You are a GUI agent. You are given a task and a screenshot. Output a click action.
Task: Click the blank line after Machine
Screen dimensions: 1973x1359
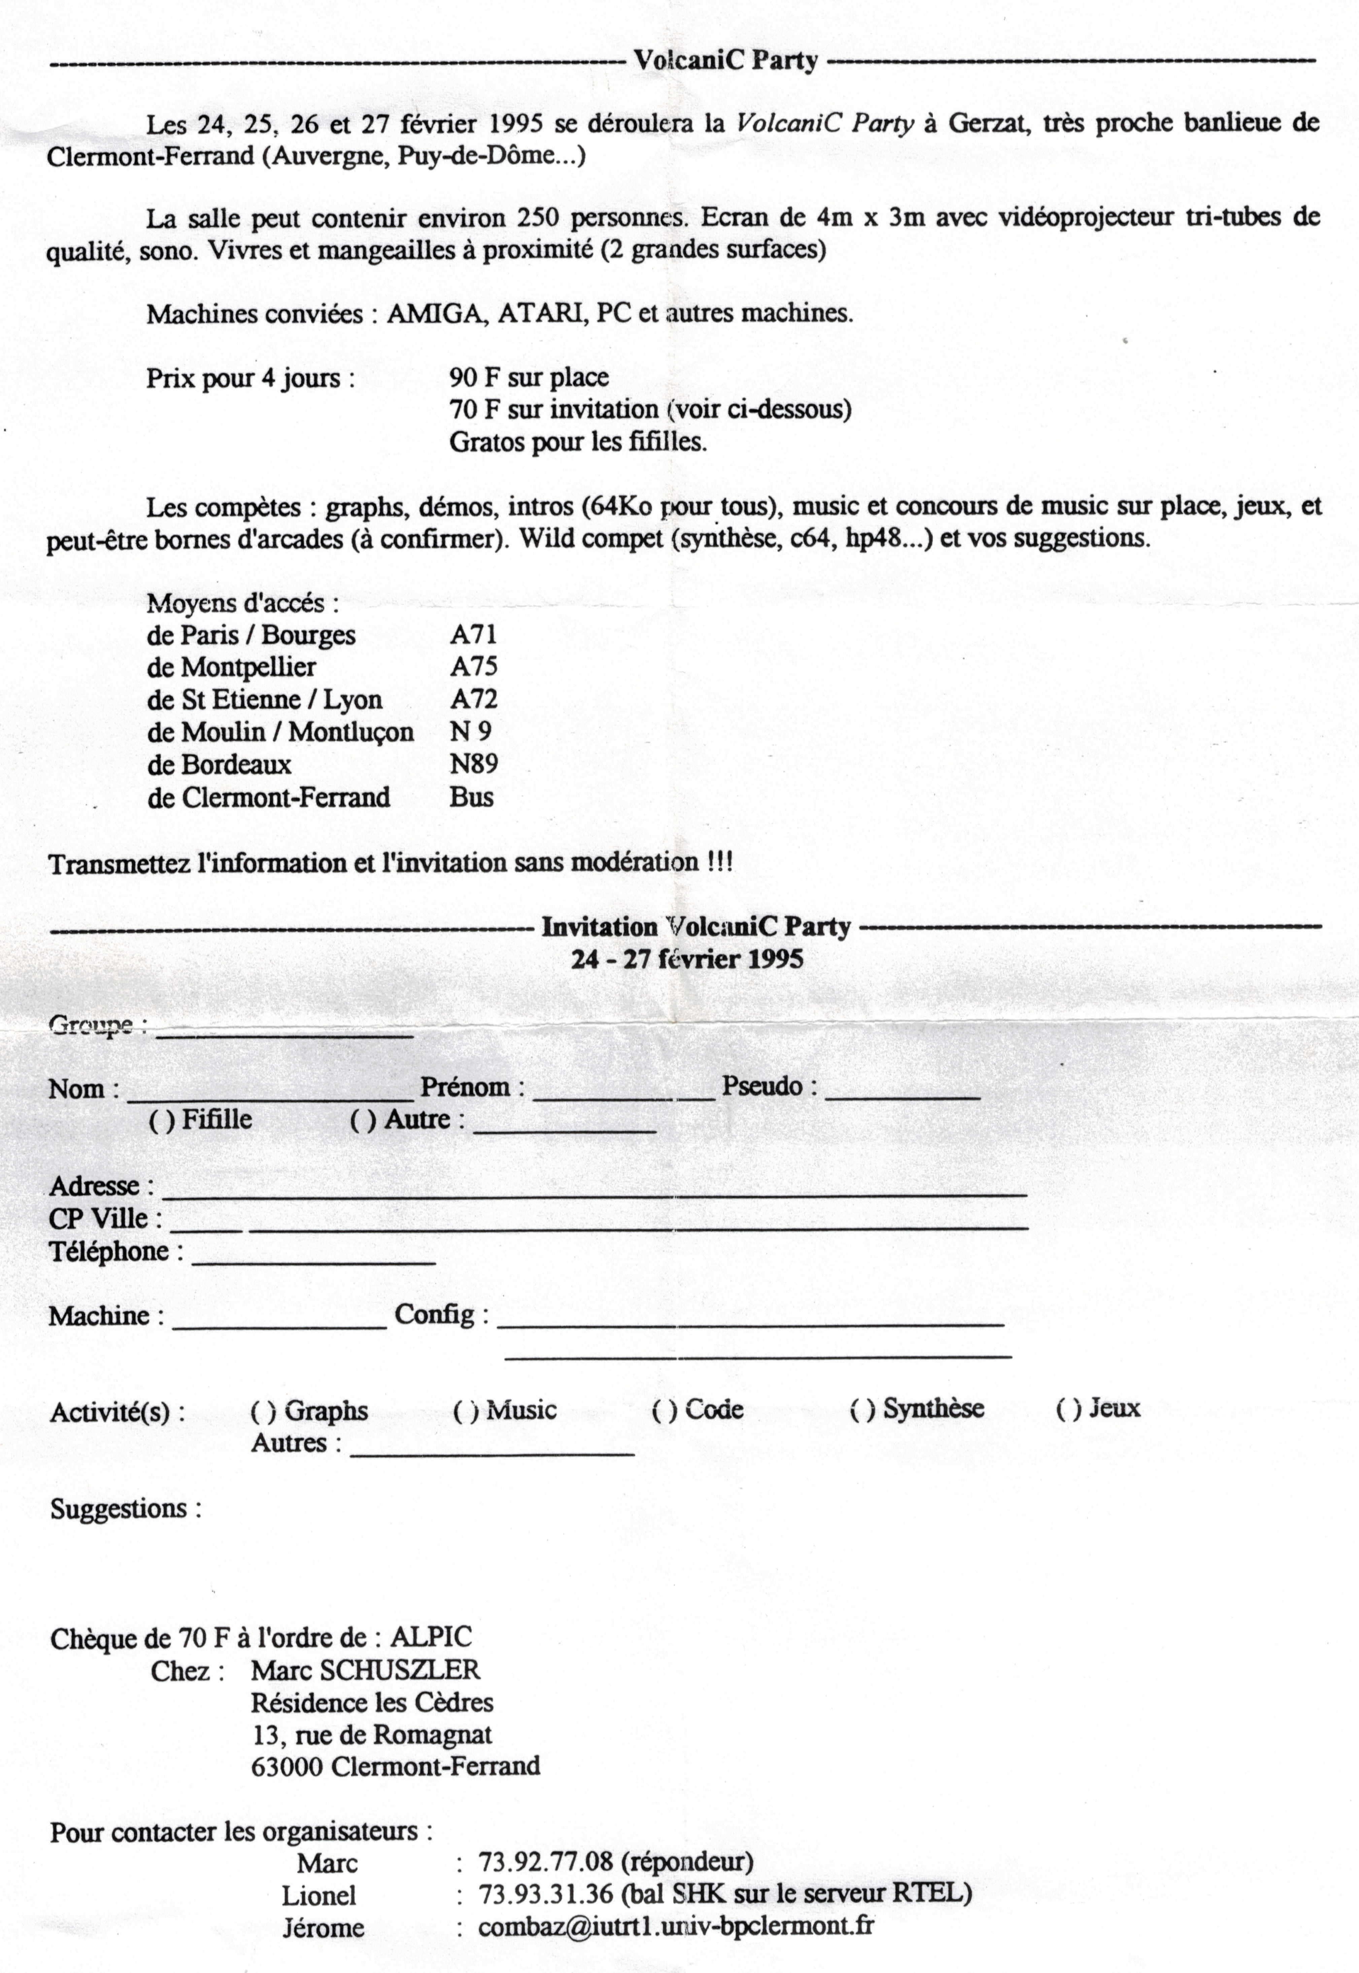(x=279, y=1326)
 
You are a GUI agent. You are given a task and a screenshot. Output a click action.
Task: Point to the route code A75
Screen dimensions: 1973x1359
(x=473, y=667)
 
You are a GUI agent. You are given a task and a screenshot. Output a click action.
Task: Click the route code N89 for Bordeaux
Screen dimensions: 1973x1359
(x=473, y=764)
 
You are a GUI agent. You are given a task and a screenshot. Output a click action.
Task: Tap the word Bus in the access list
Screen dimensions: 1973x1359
(x=471, y=797)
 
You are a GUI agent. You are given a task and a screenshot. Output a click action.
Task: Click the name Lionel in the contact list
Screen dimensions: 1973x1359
(x=319, y=1896)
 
